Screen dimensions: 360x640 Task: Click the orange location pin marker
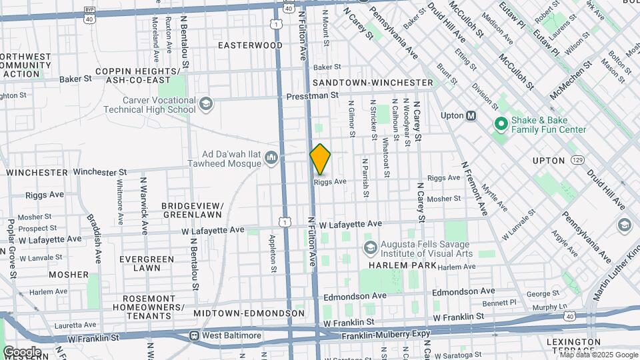320,159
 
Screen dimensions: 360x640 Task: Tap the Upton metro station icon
471,115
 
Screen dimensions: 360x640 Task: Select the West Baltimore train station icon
194,335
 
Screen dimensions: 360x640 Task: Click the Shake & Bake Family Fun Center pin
500,124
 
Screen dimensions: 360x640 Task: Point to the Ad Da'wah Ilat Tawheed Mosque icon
271,158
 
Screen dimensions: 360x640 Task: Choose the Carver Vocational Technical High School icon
206,103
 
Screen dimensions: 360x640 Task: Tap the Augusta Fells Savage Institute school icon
370,248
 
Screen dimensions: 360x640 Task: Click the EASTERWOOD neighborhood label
251,45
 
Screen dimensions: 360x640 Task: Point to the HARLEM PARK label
397,265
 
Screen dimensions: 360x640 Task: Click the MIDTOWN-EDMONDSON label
249,313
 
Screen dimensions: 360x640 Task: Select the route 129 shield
577,161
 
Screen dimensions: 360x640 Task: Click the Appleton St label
272,253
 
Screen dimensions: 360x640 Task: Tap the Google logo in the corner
22,351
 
